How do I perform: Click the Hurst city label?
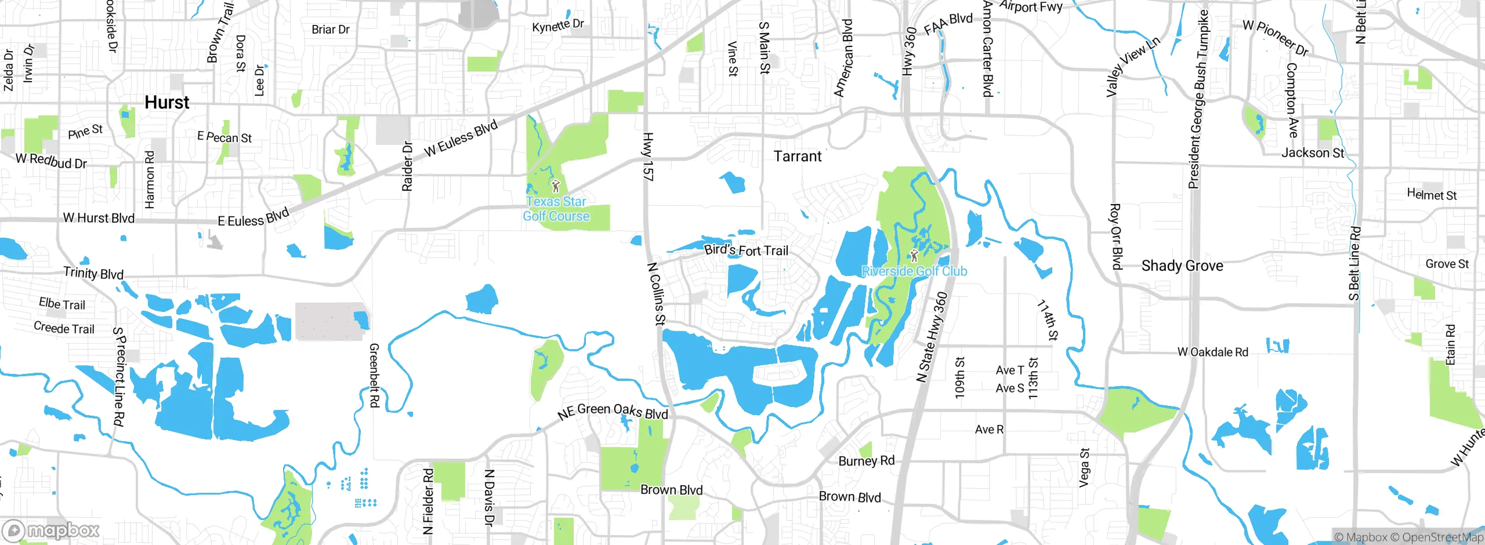[166, 103]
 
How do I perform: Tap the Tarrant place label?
[798, 157]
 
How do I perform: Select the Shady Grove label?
[1182, 266]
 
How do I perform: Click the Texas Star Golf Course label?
[556, 209]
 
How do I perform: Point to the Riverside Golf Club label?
[914, 271]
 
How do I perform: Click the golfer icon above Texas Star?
[556, 186]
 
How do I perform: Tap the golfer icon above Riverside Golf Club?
[914, 255]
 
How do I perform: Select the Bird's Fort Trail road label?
[746, 250]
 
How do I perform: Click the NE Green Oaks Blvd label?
[613, 411]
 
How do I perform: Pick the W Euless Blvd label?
[461, 139]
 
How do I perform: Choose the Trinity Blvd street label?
[93, 273]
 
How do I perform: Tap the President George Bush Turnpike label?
[1198, 100]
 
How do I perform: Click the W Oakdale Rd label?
[1212, 352]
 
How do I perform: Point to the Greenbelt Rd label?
[374, 375]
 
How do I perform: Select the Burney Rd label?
[867, 461]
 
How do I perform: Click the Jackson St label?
[1312, 153]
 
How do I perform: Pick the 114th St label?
[1048, 319]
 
